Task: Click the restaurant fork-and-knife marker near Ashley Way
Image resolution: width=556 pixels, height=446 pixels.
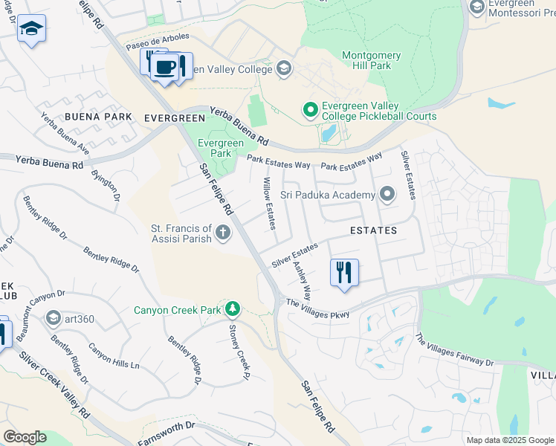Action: [343, 272]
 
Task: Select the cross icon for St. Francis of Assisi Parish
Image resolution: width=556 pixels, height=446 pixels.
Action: [222, 234]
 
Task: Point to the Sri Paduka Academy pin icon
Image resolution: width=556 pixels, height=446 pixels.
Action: [387, 195]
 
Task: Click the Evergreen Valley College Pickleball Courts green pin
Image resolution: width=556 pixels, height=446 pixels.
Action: [311, 111]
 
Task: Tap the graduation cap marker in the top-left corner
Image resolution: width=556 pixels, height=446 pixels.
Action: [31, 29]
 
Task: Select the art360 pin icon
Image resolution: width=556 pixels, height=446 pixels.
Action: [53, 319]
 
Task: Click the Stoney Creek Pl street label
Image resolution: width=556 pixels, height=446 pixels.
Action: [236, 352]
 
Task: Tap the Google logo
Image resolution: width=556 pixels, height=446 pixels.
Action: [25, 437]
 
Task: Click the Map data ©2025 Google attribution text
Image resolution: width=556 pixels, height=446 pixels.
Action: [509, 440]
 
